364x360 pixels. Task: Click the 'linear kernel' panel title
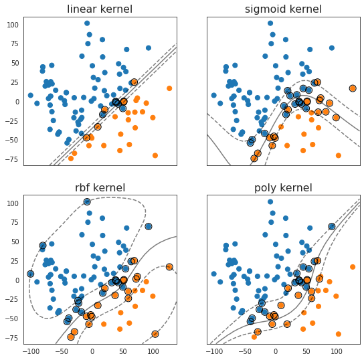tap(100, 9)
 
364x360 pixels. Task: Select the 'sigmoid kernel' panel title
tap(283, 9)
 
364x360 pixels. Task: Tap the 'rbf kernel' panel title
tap(100, 187)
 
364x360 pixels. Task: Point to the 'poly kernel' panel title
tap(283, 188)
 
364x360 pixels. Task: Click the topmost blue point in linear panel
tap(87, 23)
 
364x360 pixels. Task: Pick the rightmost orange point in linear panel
tap(169, 88)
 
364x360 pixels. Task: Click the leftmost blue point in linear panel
tap(30, 95)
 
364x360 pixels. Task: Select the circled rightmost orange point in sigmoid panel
tap(353, 88)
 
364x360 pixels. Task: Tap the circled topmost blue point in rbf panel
tap(87, 201)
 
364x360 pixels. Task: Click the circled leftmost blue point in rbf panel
tap(30, 274)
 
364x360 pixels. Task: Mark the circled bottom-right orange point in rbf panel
tap(155, 334)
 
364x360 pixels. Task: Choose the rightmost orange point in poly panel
tap(353, 267)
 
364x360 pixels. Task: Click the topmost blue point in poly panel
tap(270, 201)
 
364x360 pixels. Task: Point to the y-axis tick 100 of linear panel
tap(13, 25)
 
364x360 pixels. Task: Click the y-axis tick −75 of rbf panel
tap(11, 338)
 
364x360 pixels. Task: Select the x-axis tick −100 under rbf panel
tap(31, 351)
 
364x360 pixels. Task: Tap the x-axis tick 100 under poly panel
tap(337, 351)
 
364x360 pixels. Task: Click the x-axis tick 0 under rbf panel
tap(92, 351)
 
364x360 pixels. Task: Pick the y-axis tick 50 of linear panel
tap(15, 63)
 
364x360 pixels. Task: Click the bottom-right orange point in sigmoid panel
tap(339, 155)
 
